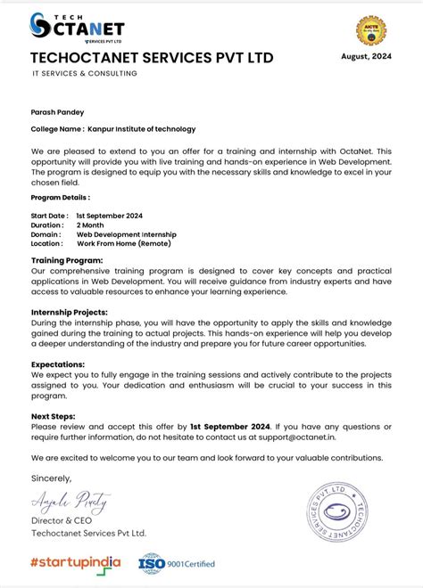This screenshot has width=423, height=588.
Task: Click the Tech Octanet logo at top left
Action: click(x=77, y=28)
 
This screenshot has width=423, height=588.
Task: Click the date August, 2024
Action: click(x=368, y=56)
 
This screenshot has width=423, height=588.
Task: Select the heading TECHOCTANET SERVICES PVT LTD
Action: click(x=152, y=58)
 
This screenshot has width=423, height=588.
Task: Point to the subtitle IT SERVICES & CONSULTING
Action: click(x=85, y=74)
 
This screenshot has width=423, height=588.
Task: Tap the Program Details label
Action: click(x=60, y=198)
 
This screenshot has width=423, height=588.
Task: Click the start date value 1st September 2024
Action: click(x=109, y=216)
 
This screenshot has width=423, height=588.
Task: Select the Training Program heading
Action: click(x=67, y=260)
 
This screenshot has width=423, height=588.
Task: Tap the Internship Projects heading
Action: click(x=69, y=313)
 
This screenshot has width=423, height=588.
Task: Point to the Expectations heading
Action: click(x=58, y=364)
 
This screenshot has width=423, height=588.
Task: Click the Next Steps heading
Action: click(x=53, y=416)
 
